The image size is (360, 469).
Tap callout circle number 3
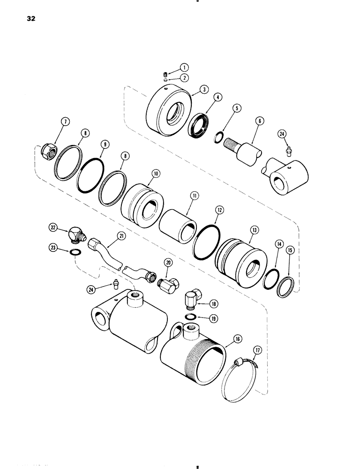[x=192, y=89]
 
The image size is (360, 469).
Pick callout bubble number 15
[x=291, y=251]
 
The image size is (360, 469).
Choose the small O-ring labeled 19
[x=190, y=318]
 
